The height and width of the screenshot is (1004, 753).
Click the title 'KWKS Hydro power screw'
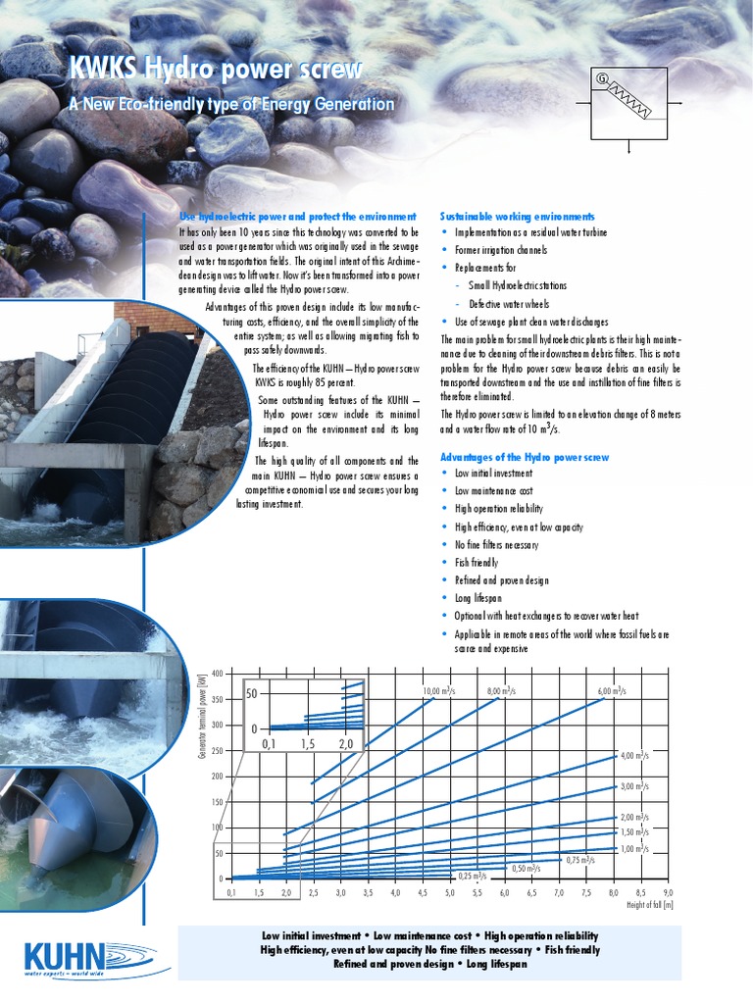[x=215, y=70]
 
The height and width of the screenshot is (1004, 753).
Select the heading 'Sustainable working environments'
[x=517, y=216]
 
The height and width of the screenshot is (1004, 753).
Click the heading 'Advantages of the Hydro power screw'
[x=525, y=457]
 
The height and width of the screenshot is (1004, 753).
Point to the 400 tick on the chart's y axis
[x=217, y=674]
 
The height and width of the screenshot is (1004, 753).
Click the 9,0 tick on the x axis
[x=668, y=893]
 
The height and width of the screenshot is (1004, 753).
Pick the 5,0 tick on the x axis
[x=450, y=893]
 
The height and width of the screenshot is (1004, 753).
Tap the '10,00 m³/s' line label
[x=438, y=691]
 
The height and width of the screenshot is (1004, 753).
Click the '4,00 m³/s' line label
[x=634, y=756]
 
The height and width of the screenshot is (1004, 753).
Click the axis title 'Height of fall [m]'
[x=649, y=905]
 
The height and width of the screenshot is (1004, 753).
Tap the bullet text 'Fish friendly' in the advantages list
[x=476, y=563]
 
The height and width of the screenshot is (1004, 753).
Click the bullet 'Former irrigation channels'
[x=501, y=250]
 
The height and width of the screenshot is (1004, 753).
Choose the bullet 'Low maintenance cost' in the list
[x=493, y=490]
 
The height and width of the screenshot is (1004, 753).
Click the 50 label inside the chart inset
[x=251, y=694]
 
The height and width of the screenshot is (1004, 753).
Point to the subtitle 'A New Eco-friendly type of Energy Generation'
[x=230, y=104]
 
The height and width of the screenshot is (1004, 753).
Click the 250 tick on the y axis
[x=217, y=750]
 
